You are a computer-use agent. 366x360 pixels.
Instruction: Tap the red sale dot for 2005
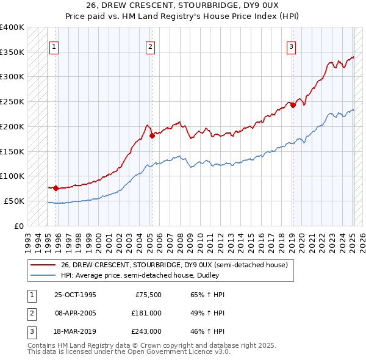[152, 136]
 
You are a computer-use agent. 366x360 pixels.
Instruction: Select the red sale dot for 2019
[293, 105]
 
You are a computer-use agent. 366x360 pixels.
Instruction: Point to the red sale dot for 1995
[56, 188]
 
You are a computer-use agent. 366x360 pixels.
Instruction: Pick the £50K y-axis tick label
[15, 201]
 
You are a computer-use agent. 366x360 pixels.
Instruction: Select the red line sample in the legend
[43, 265]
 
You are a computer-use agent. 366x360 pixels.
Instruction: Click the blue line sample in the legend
[43, 275]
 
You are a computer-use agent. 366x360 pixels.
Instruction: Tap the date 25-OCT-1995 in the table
[75, 294]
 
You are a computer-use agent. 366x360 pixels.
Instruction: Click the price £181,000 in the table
[146, 313]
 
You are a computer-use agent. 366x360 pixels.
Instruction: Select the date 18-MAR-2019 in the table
[75, 332]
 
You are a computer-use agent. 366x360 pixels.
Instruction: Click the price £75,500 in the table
[148, 294]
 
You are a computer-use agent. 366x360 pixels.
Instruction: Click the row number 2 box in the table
[30, 313]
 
